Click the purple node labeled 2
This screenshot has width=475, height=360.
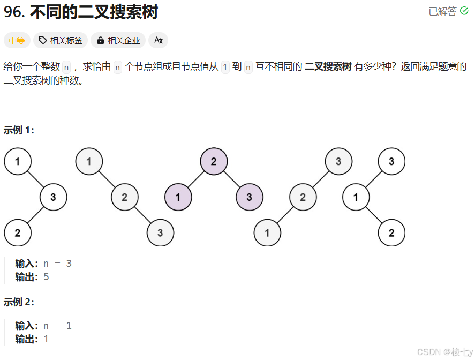[214, 161]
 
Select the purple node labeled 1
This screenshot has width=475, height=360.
[178, 197]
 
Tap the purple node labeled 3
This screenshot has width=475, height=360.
[250, 197]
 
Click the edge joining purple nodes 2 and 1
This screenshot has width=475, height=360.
[196, 179]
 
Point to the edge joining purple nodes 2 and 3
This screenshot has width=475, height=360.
[232, 179]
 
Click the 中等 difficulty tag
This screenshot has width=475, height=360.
[17, 40]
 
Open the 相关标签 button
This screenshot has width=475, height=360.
[61, 40]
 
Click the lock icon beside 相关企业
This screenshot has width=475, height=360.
[100, 40]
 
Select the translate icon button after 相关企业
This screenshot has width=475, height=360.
[158, 40]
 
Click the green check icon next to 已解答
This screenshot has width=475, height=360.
[464, 11]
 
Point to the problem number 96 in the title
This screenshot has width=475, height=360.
[13, 12]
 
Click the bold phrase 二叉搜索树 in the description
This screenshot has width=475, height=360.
[328, 67]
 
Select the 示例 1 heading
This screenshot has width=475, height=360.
[19, 130]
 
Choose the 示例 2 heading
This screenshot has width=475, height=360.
[19, 302]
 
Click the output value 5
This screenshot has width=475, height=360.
[46, 277]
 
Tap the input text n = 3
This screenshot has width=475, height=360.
[57, 264]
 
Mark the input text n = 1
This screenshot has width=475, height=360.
[57, 326]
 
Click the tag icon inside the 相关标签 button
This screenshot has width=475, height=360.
[43, 40]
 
